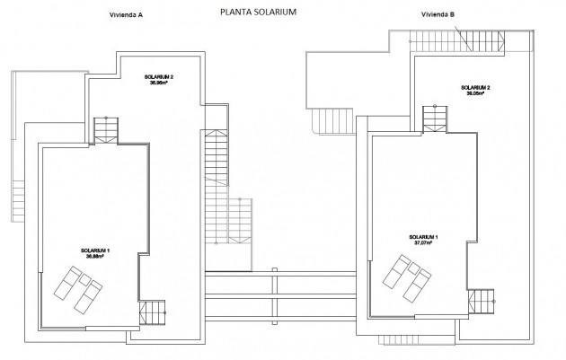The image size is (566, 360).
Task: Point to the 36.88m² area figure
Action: pos(95,256)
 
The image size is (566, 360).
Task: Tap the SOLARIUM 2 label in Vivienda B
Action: pos(476,86)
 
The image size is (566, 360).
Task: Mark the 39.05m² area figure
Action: pos(476,92)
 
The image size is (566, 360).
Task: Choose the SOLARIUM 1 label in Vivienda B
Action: pos(419,236)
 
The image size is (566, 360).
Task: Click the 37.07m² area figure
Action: pos(419,242)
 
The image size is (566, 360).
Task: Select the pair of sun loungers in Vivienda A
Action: pos(78,286)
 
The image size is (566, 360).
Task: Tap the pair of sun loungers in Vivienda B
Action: pos(408,276)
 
